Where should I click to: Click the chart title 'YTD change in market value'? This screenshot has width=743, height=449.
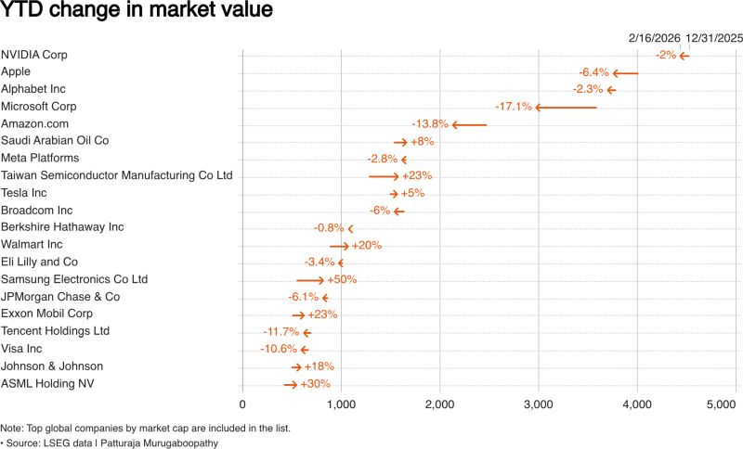click(x=137, y=12)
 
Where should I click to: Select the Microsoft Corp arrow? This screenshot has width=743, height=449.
click(x=567, y=107)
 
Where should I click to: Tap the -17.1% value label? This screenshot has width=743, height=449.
click(x=514, y=107)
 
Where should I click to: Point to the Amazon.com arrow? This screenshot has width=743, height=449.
click(x=469, y=124)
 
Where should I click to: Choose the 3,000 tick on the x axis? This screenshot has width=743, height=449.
click(x=539, y=404)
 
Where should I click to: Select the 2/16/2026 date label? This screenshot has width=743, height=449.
click(x=654, y=37)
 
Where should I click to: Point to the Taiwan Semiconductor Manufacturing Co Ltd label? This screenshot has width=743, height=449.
click(x=117, y=175)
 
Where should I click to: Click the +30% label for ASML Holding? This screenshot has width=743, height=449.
click(x=316, y=383)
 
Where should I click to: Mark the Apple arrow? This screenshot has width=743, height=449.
click(x=625, y=72)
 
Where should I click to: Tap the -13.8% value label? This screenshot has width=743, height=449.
click(x=430, y=124)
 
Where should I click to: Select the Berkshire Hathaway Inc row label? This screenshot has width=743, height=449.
click(x=62, y=227)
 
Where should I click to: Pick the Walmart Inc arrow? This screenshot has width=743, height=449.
click(x=339, y=245)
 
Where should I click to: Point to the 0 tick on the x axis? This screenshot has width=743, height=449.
click(x=242, y=404)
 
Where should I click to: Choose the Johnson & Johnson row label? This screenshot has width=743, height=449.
click(x=52, y=366)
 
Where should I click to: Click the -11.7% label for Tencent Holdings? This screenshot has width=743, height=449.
click(x=281, y=331)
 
